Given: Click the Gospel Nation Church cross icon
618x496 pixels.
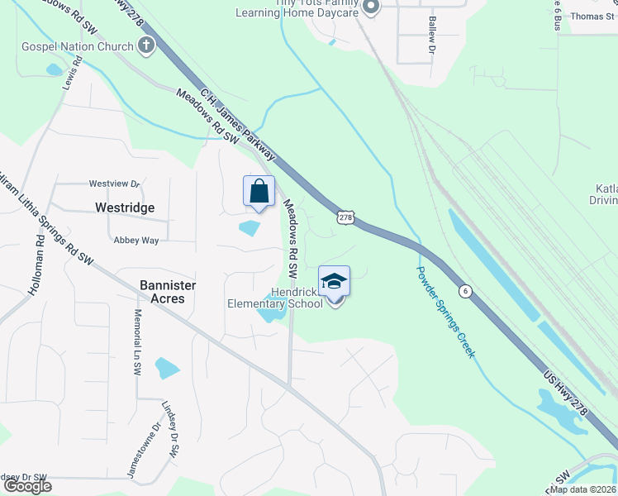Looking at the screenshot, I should [146, 45].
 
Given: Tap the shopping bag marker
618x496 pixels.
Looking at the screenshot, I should [259, 191].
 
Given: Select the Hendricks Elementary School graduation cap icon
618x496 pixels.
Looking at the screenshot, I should [334, 282].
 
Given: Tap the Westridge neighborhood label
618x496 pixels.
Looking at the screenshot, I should [125, 207].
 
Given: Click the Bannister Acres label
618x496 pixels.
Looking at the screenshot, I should [168, 292].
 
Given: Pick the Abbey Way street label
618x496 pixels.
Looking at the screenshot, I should [136, 241].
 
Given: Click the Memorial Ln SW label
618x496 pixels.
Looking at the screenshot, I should [137, 344].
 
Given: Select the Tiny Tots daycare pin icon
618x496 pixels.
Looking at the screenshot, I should [371, 8].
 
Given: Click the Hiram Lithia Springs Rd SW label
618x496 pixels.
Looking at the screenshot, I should [45, 218].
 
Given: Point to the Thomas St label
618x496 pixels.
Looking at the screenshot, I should [593, 17].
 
